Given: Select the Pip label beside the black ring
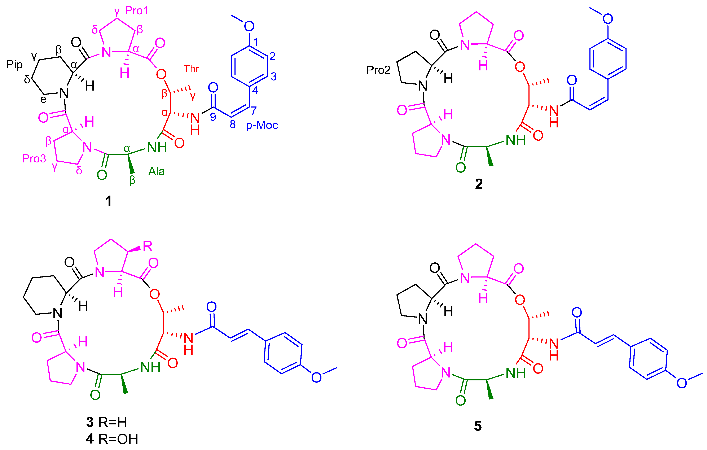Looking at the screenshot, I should click(x=14, y=64).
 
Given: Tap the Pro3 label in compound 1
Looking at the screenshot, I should click(x=34, y=159).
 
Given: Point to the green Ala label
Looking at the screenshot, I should click(x=157, y=171).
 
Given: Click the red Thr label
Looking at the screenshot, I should click(x=192, y=69).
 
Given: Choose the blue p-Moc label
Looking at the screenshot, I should click(x=262, y=125).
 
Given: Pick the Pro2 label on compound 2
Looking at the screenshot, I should click(x=378, y=70).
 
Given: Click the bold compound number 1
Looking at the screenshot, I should click(x=108, y=201).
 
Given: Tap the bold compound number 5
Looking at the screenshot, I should click(x=478, y=426).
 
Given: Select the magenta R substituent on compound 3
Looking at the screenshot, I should click(x=148, y=246).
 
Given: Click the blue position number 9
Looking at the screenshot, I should click(x=213, y=117).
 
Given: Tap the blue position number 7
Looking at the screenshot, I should click(x=254, y=110).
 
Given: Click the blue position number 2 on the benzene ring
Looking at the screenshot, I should click(x=272, y=56).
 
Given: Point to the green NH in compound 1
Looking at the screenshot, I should click(x=157, y=148).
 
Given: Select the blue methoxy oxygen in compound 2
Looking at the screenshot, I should click(x=607, y=19).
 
